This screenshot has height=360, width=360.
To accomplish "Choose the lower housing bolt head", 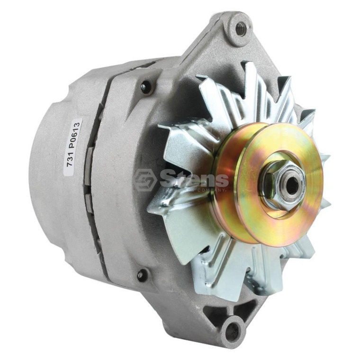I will point(141,275).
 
